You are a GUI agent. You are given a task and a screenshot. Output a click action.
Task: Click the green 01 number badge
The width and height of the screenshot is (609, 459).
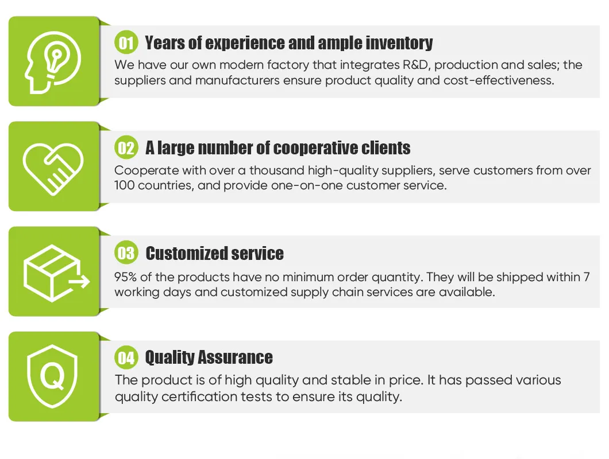(x=126, y=42)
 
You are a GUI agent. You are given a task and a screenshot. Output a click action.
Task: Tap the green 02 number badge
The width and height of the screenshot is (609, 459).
(x=126, y=147)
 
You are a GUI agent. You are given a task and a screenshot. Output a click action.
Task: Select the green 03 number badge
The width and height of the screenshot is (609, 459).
(x=126, y=253)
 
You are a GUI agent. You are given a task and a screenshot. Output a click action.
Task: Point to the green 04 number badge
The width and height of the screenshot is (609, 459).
(x=126, y=357)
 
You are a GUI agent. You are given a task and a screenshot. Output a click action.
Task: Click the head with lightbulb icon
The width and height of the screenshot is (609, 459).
(x=53, y=62)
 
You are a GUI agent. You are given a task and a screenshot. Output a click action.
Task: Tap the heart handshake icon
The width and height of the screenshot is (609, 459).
(x=53, y=168)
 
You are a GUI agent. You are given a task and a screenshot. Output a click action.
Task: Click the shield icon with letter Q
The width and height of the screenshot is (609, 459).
(x=52, y=376)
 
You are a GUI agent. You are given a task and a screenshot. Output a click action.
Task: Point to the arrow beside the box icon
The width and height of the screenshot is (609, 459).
(x=80, y=281)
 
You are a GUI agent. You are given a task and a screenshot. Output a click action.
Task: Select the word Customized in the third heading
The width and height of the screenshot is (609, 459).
(x=186, y=254)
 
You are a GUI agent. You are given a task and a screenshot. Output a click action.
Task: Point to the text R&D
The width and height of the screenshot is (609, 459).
(x=417, y=65)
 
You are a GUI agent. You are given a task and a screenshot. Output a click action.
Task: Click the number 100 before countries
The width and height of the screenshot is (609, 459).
(x=124, y=185)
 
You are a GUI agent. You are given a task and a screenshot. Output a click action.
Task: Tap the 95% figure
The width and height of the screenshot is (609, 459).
(x=125, y=277)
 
